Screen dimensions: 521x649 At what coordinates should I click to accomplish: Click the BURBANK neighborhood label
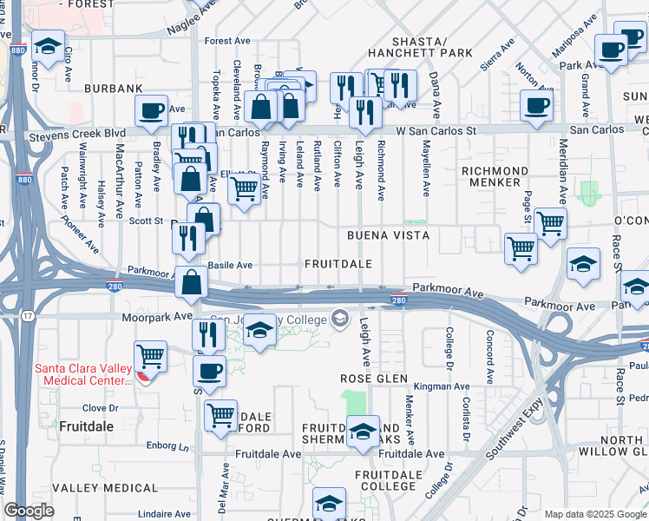(113, 89)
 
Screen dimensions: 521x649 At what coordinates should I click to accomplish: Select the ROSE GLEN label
(373, 379)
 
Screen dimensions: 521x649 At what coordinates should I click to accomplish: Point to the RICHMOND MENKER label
(495, 176)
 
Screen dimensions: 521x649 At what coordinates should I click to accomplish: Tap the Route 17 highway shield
(28, 315)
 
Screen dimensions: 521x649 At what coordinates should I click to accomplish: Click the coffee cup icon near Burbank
(152, 110)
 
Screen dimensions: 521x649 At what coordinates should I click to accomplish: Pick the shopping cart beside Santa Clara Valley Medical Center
(151, 354)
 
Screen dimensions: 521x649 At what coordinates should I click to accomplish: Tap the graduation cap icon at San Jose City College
(259, 330)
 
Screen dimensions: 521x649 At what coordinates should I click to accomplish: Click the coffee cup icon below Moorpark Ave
(208, 371)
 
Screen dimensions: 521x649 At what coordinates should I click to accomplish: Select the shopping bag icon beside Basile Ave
(191, 281)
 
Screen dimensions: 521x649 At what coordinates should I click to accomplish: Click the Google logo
(29, 511)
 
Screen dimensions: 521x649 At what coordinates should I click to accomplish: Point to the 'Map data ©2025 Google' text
(594, 514)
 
